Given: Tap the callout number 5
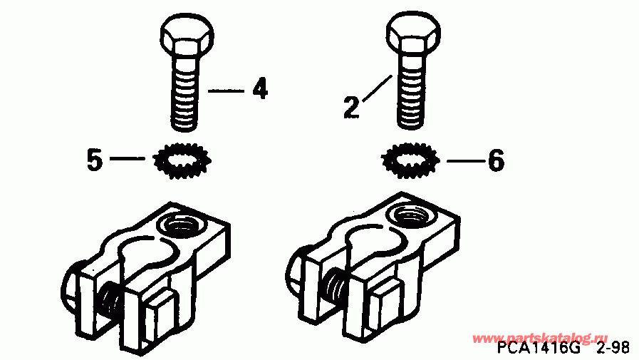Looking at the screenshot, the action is (x=94, y=160).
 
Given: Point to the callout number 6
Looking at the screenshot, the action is (x=496, y=161).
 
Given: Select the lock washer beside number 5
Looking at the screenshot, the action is (x=182, y=162).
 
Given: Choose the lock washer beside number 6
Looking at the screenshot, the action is (x=410, y=162).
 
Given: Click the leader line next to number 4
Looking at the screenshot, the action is (x=226, y=91).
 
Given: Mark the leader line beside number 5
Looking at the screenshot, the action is (x=128, y=160).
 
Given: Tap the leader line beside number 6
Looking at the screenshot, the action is (x=463, y=161).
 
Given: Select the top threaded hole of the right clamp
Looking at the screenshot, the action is (x=413, y=215).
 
